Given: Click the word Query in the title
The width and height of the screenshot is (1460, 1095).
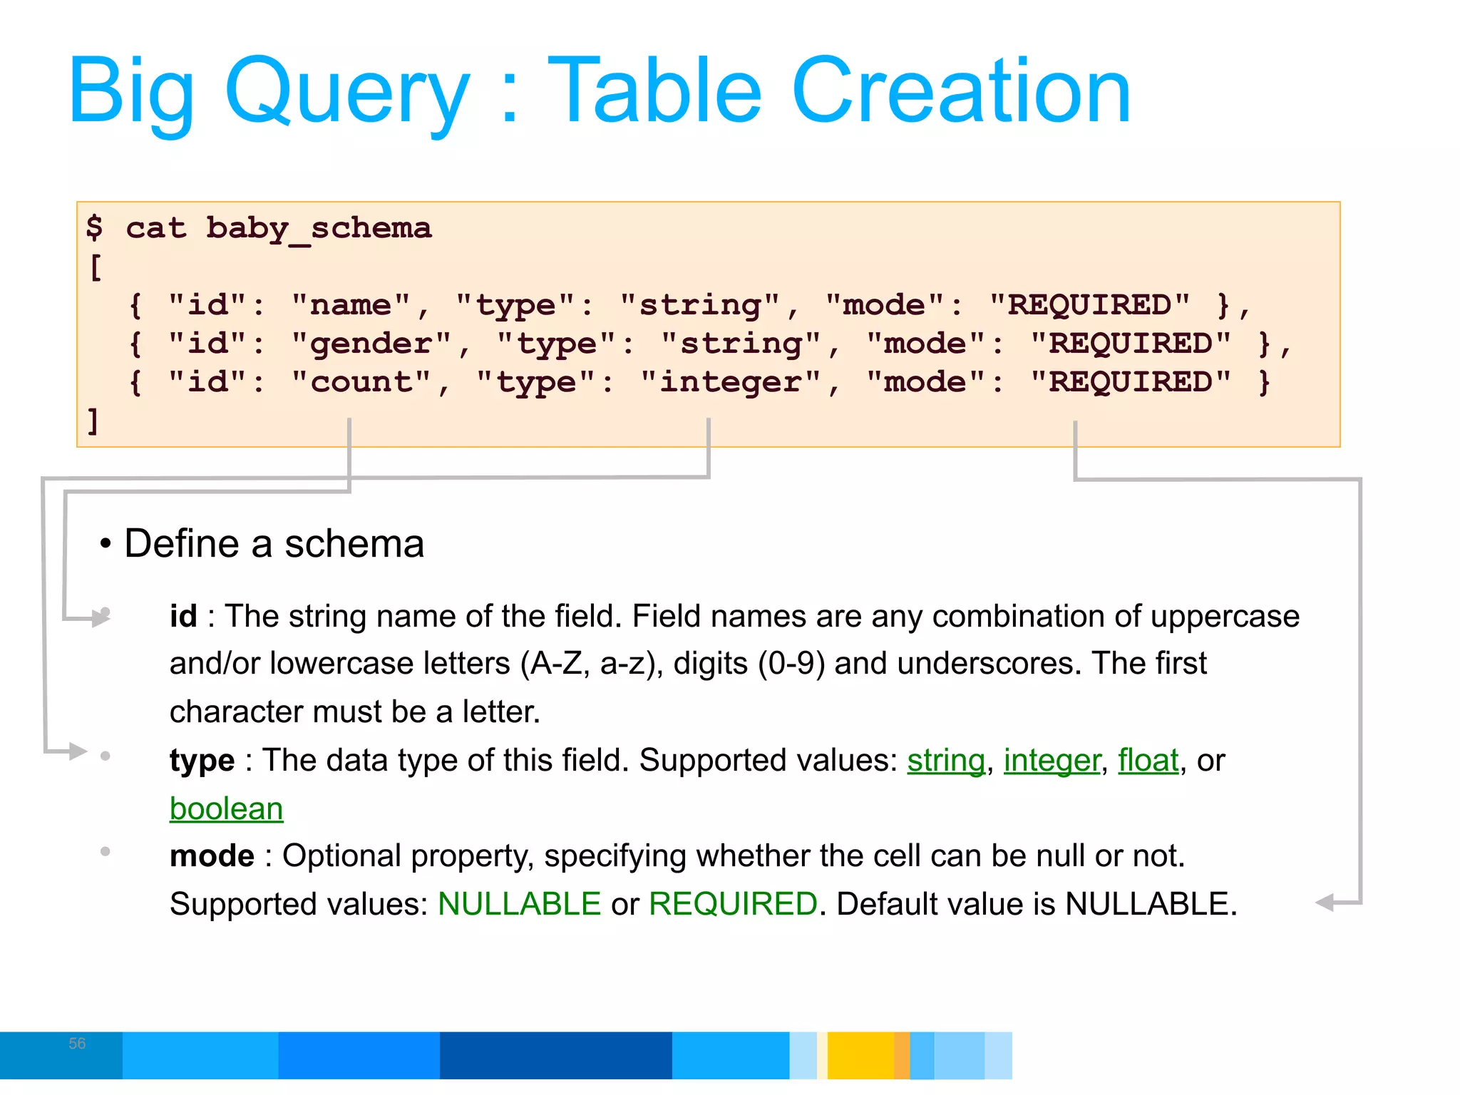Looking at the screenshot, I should pyautogui.click(x=347, y=93).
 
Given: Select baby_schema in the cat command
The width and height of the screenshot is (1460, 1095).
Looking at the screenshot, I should pyautogui.click(x=319, y=229).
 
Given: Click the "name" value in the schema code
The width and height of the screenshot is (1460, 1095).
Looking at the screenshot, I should pyautogui.click(x=351, y=306).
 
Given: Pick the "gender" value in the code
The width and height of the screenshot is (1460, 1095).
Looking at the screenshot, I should pyautogui.click(x=371, y=344).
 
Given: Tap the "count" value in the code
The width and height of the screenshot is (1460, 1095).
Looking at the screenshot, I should pyautogui.click(x=361, y=383).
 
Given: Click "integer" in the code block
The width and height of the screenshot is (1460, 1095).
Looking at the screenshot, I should pyautogui.click(x=731, y=383).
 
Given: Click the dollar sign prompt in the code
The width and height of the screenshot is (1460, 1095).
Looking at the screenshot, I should pyautogui.click(x=94, y=228).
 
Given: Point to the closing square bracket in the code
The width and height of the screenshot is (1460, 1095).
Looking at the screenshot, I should pyautogui.click(x=93, y=421).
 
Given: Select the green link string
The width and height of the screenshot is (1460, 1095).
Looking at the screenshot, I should pyautogui.click(x=945, y=761).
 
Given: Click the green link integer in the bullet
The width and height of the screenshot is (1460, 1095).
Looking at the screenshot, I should pyautogui.click(x=1052, y=761).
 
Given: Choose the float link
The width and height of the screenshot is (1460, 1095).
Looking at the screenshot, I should pyautogui.click(x=1148, y=761).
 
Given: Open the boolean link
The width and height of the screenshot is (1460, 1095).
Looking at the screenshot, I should pyautogui.click(x=226, y=809).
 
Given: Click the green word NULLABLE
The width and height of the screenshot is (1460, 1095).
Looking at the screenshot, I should pyautogui.click(x=519, y=905).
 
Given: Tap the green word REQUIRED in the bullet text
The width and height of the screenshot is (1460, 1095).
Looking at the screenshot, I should pyautogui.click(x=733, y=905).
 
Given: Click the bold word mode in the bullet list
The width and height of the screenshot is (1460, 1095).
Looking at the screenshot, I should pyautogui.click(x=212, y=856).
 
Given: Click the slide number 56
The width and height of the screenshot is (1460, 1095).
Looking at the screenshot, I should pyautogui.click(x=77, y=1044).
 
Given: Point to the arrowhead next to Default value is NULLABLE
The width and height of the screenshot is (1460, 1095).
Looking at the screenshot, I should pyautogui.click(x=1325, y=903).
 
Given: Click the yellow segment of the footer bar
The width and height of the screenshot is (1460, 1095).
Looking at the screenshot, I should pyautogui.click(x=860, y=1055).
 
